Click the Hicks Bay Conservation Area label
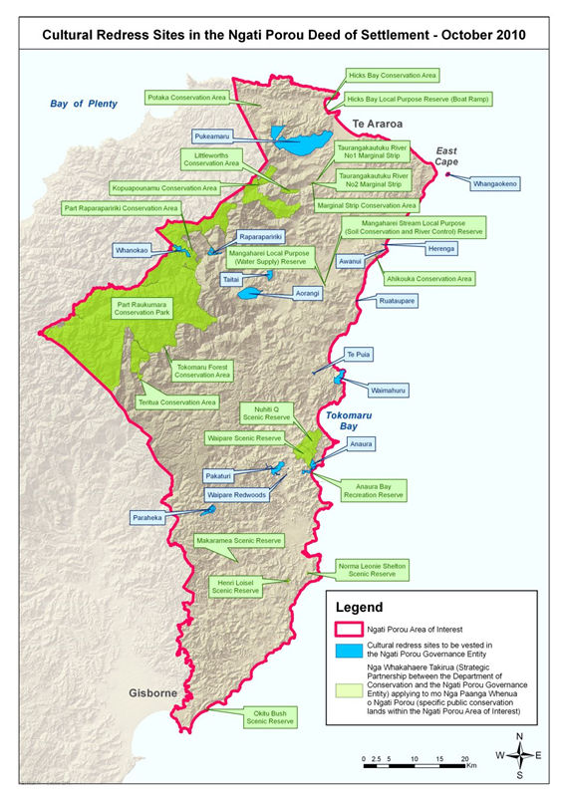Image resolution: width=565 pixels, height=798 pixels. [392, 75]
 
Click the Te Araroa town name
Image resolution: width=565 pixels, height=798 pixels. [378, 124]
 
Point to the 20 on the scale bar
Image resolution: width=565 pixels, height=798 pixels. [465, 758]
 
